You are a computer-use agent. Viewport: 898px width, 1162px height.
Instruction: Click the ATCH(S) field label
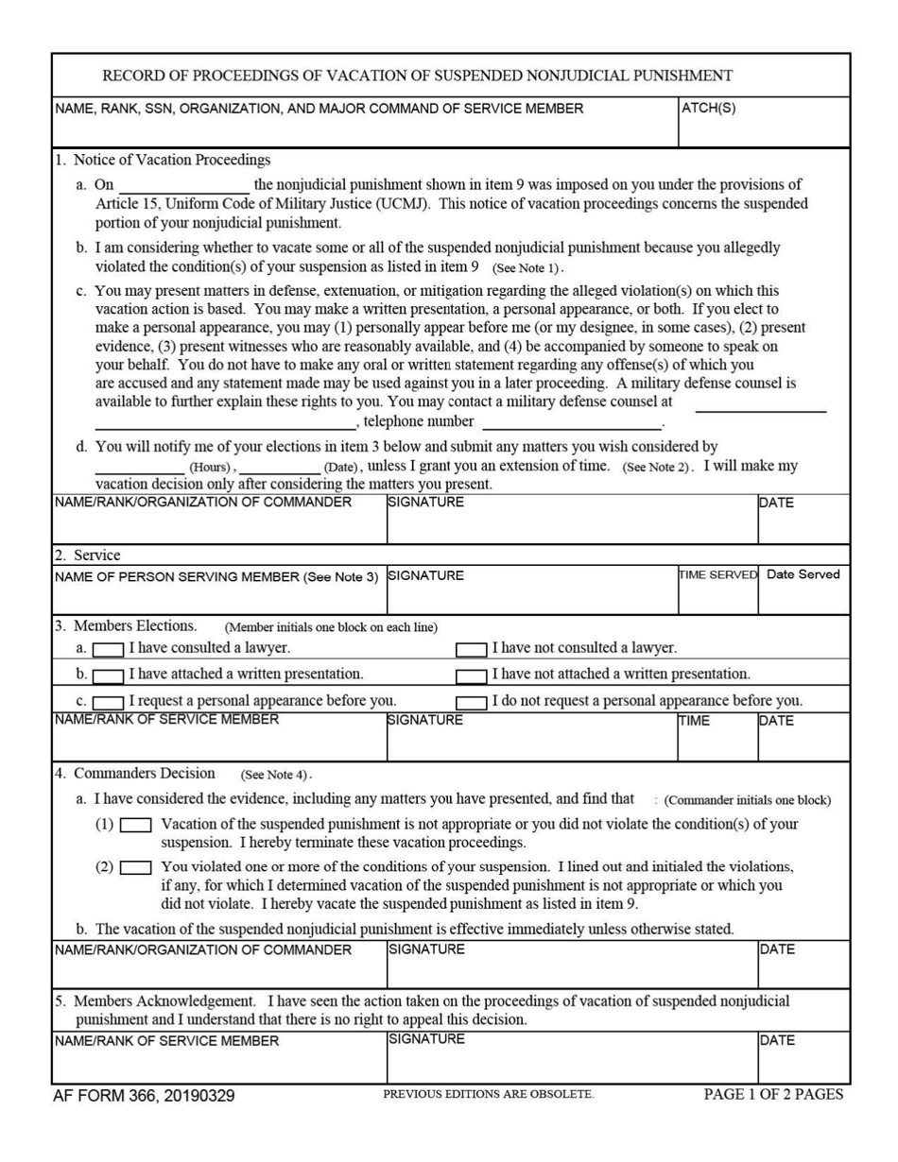click(x=708, y=108)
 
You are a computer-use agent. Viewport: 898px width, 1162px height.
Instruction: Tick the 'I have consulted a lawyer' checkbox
click(x=108, y=649)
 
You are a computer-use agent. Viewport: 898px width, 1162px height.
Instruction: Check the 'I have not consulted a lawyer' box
click(x=472, y=649)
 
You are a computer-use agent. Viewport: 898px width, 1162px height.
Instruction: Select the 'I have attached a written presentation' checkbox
click(x=108, y=675)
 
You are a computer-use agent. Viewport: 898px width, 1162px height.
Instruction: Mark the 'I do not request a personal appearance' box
click(x=472, y=702)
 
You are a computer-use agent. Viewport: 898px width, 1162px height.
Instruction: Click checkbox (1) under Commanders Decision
click(x=136, y=825)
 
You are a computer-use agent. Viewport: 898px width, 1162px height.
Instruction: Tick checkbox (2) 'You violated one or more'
click(x=136, y=867)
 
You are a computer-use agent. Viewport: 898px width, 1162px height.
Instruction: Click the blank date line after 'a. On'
click(x=184, y=186)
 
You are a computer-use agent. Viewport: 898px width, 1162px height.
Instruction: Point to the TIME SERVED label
click(x=717, y=574)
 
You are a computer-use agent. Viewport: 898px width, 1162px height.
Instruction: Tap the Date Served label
click(x=803, y=574)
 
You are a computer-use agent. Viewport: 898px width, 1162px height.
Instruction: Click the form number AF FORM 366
click(x=144, y=1096)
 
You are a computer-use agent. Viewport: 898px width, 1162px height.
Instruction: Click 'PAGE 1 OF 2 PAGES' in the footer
click(x=772, y=1095)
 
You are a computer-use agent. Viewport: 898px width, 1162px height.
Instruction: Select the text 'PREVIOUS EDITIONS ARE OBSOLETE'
click(x=488, y=1095)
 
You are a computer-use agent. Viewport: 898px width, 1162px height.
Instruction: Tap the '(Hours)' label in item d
click(x=210, y=468)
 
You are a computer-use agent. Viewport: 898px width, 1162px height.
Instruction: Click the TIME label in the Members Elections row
click(x=697, y=721)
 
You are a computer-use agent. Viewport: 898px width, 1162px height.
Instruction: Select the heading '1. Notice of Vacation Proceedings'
click(x=163, y=160)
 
